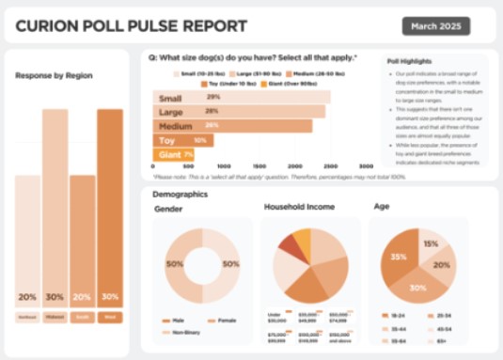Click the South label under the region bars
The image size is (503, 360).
pos(82,318)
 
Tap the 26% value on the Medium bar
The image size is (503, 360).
pos(212,125)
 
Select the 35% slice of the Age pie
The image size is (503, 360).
pos(398,256)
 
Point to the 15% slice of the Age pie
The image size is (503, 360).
pos(432,244)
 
